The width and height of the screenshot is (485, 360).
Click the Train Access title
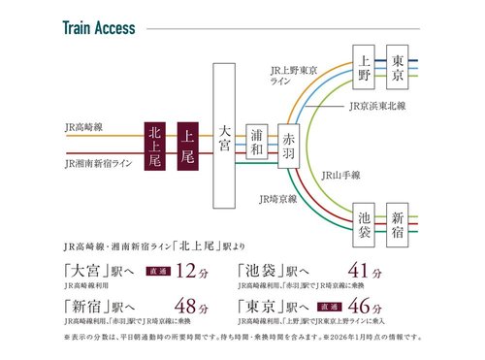[100, 26]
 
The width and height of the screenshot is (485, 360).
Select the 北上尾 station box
[154, 146]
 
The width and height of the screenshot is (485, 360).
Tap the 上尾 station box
[188, 146]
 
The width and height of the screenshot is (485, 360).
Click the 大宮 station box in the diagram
[224, 131]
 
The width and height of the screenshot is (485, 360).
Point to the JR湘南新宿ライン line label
[97, 164]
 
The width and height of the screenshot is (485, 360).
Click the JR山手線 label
[340, 176]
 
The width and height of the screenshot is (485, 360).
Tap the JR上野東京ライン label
[295, 77]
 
